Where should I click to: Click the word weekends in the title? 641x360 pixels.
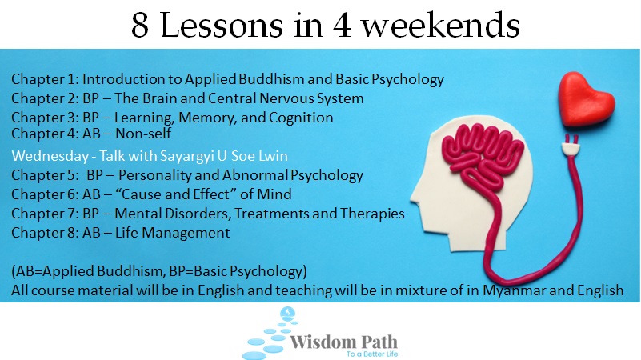click(441, 25)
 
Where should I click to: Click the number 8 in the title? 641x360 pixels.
click(140, 26)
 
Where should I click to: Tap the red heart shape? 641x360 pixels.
click(586, 99)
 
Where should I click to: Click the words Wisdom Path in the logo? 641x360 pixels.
click(343, 342)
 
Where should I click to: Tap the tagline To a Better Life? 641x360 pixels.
click(372, 354)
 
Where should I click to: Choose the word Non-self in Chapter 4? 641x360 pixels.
click(143, 134)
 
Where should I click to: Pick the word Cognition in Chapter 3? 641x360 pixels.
click(301, 118)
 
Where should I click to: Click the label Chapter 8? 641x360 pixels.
click(45, 233)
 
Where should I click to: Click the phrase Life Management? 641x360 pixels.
click(172, 233)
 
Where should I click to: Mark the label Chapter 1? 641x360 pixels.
click(45, 79)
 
